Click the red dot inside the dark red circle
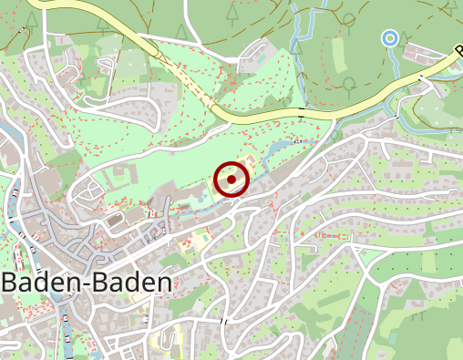point(232,180)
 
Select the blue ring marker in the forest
point(389,37)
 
